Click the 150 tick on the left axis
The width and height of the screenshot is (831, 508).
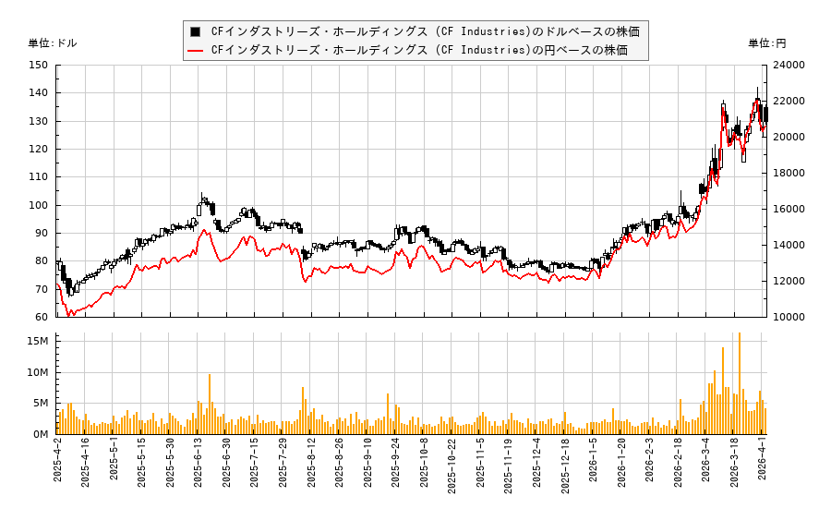coord(38,65)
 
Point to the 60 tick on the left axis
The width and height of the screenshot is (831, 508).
coord(41,317)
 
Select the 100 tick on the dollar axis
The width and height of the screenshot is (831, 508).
coord(38,205)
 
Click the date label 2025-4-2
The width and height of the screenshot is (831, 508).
coord(57,466)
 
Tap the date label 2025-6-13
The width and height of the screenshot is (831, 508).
coord(198,466)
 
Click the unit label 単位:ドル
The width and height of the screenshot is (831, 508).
coord(53,42)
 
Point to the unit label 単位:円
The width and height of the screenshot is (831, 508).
coord(766,42)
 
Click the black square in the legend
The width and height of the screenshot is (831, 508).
coord(195,31)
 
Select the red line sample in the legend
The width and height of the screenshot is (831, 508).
coord(195,50)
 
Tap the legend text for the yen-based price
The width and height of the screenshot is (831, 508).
coord(419,50)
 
